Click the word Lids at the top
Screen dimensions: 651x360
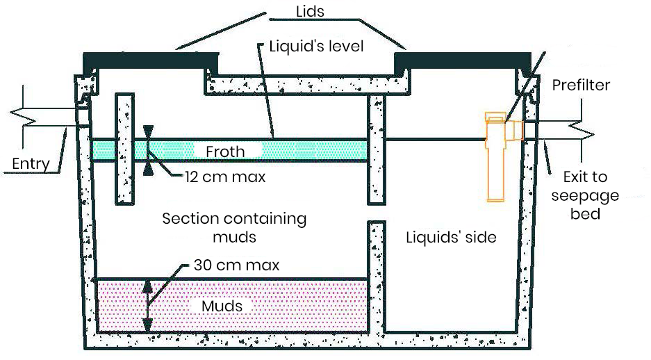pos(310,11)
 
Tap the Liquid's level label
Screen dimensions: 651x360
pos(316,46)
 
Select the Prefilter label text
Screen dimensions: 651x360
pos(581,85)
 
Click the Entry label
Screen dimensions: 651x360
pos(31,163)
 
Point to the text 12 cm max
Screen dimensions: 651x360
pos(225,177)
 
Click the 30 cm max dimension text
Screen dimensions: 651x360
pos(237,265)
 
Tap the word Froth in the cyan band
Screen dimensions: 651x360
pos(225,152)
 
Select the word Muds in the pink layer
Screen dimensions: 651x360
pos(222,306)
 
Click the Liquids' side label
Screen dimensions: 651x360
pos(452,237)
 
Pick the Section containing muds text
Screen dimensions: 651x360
pos(234,227)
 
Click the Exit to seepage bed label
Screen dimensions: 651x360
pos(585,195)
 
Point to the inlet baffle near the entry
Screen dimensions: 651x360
pos(124,149)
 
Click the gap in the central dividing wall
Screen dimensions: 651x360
pos(377,213)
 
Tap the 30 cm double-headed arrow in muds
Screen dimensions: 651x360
pos(147,306)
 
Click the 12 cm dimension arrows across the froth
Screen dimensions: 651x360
pos(148,150)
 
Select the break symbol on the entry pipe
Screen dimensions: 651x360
pos(23,117)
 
